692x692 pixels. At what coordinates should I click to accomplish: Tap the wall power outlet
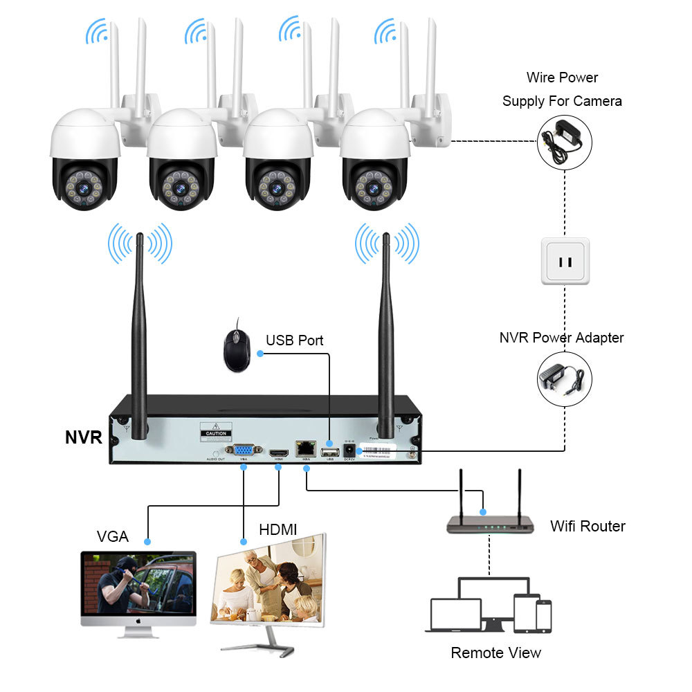pyautogui.click(x=565, y=261)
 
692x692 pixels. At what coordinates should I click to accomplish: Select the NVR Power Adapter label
pyautogui.click(x=561, y=338)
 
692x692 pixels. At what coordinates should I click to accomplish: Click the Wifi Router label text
pyautogui.click(x=588, y=526)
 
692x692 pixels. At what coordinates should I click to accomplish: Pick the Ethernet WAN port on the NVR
pyautogui.click(x=303, y=448)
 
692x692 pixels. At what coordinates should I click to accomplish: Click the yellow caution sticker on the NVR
pyautogui.click(x=215, y=433)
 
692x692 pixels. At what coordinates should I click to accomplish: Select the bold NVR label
pyautogui.click(x=84, y=437)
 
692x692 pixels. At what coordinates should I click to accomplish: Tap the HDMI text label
pyautogui.click(x=277, y=530)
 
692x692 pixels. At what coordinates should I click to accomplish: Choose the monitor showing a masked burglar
pyautogui.click(x=138, y=588)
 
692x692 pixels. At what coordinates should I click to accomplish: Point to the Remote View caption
pyautogui.click(x=495, y=653)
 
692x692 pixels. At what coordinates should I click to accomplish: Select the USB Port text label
pyautogui.click(x=294, y=340)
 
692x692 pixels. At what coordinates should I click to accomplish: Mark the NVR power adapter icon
pyautogui.click(x=565, y=379)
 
